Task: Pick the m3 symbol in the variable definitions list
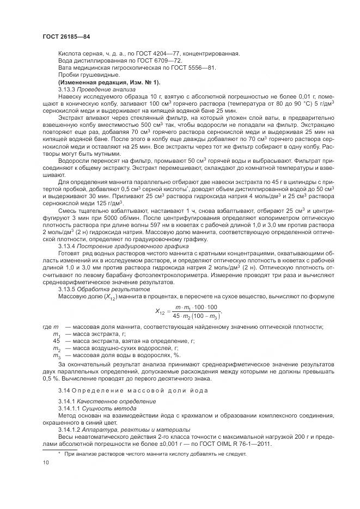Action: pos(56,354)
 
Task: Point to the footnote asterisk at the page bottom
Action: pos(59,453)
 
